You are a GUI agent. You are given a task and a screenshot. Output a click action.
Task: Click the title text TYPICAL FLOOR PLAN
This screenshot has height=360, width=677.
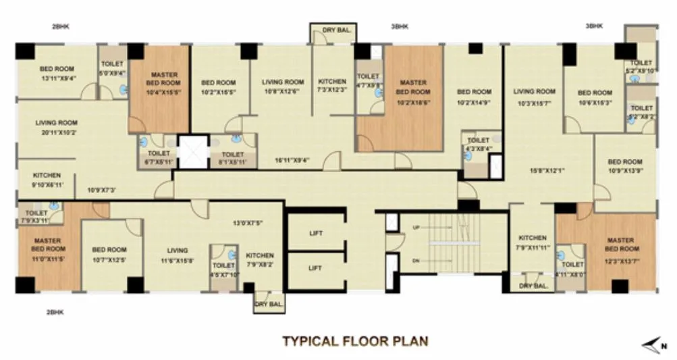[355, 340]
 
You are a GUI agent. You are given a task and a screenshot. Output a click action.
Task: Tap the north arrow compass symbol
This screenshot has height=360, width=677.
[653, 346]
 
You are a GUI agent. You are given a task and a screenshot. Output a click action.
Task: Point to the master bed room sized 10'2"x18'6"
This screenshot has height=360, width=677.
[412, 91]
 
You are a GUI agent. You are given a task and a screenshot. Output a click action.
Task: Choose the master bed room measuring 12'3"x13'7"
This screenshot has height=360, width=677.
[619, 247]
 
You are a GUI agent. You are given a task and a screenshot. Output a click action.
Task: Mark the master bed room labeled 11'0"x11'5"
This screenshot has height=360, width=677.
[47, 247]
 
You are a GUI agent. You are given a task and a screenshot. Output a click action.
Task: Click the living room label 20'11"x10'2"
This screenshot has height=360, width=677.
[57, 128]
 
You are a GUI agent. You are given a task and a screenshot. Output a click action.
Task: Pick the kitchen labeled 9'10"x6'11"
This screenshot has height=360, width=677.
[47, 180]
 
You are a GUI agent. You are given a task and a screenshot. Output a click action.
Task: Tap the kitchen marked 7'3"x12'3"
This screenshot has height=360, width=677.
[331, 86]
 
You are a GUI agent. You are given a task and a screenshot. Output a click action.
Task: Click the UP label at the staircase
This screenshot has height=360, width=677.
[416, 228]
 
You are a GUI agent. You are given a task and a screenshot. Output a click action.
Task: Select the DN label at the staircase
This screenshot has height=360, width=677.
[416, 260]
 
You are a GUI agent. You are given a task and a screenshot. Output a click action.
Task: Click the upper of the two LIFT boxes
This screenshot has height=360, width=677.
[315, 233]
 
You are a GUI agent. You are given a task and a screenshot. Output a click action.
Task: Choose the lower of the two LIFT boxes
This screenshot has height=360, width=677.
[315, 268]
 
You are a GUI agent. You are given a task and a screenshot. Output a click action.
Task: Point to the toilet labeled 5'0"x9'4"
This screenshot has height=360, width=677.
[113, 69]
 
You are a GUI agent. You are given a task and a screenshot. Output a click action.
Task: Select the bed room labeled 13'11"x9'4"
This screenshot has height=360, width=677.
[57, 74]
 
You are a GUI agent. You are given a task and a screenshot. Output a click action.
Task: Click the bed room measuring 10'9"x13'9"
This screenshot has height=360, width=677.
[624, 166]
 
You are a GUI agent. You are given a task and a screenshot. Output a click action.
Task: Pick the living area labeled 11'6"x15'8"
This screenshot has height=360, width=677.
[178, 255]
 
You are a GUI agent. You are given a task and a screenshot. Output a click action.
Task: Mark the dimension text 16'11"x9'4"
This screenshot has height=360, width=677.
[292, 161]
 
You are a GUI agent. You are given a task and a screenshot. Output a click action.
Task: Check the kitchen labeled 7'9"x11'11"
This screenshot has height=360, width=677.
[532, 242]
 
